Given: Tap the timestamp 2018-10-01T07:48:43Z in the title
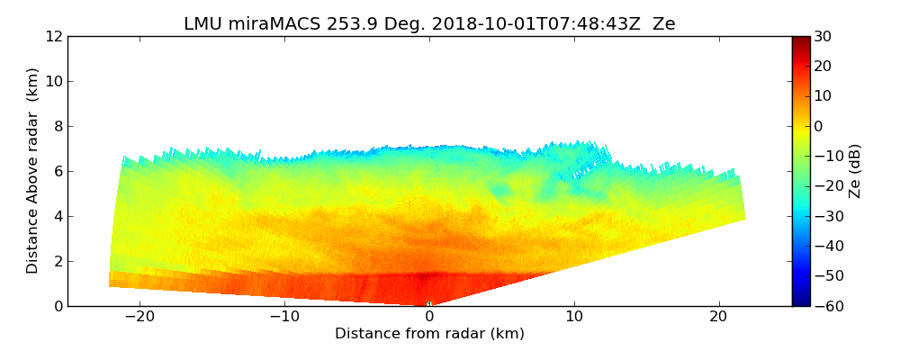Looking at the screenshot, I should pyautogui.click(x=526, y=24).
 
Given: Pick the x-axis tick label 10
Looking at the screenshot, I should pyautogui.click(x=574, y=317).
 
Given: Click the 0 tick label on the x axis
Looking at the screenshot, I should pyautogui.click(x=429, y=317).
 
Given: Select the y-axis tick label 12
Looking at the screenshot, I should pyautogui.click(x=54, y=36).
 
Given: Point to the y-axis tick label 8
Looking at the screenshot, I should pyautogui.click(x=58, y=126).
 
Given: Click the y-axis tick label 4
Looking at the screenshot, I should pyautogui.click(x=58, y=216).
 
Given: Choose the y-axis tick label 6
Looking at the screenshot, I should pyautogui.click(x=58, y=171).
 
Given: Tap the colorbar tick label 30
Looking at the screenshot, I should pyautogui.click(x=823, y=36).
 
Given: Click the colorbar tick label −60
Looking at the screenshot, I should pyautogui.click(x=827, y=306).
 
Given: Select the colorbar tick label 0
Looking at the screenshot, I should pyautogui.click(x=819, y=126).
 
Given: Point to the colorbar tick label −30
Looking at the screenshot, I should pyautogui.click(x=827, y=216).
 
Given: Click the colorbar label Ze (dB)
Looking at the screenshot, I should pyautogui.click(x=855, y=171).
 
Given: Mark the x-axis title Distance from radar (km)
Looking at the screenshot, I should pyautogui.click(x=429, y=334).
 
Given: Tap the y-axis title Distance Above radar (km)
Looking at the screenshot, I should pyautogui.click(x=33, y=171).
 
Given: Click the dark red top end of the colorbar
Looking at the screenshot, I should pyautogui.click(x=801, y=40).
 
